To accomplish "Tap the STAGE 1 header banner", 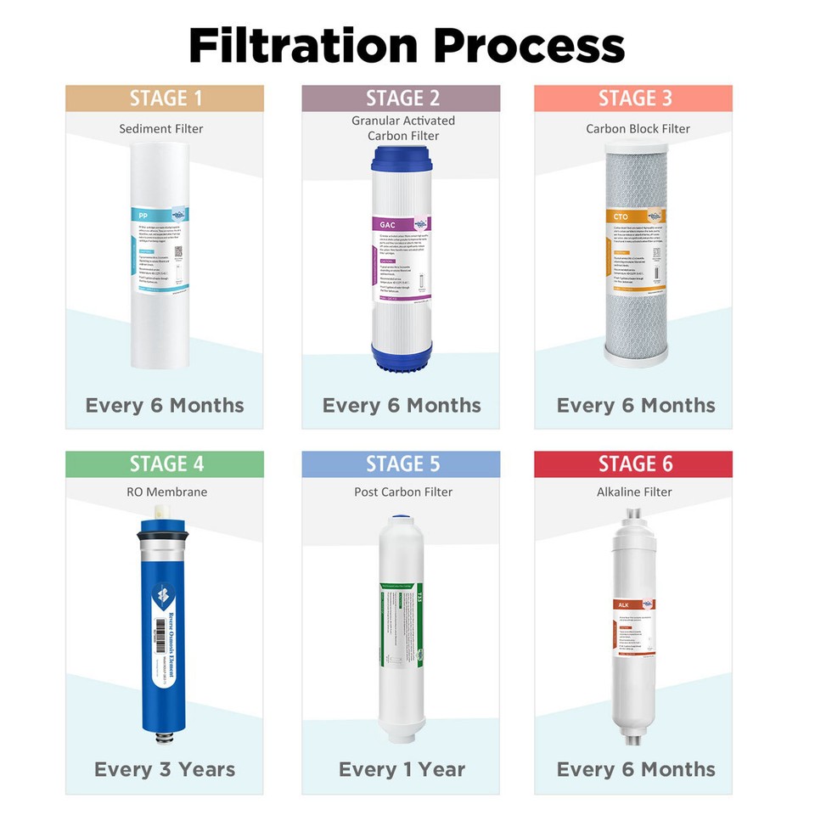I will coord(165,98).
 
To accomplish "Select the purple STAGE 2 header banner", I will coord(402,98).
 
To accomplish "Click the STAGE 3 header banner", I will coord(633,98).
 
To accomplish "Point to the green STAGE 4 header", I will coord(165,464).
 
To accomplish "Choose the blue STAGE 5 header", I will coord(402,464).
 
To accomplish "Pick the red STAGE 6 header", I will coord(633,464).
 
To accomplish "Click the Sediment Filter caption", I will coord(161,129).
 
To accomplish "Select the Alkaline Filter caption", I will coord(634,492).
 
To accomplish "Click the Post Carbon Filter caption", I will coord(403,492).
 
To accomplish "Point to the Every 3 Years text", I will coord(165,769).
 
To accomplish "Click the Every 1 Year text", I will coord(402,769).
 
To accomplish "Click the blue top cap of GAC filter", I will coord(402,157).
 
